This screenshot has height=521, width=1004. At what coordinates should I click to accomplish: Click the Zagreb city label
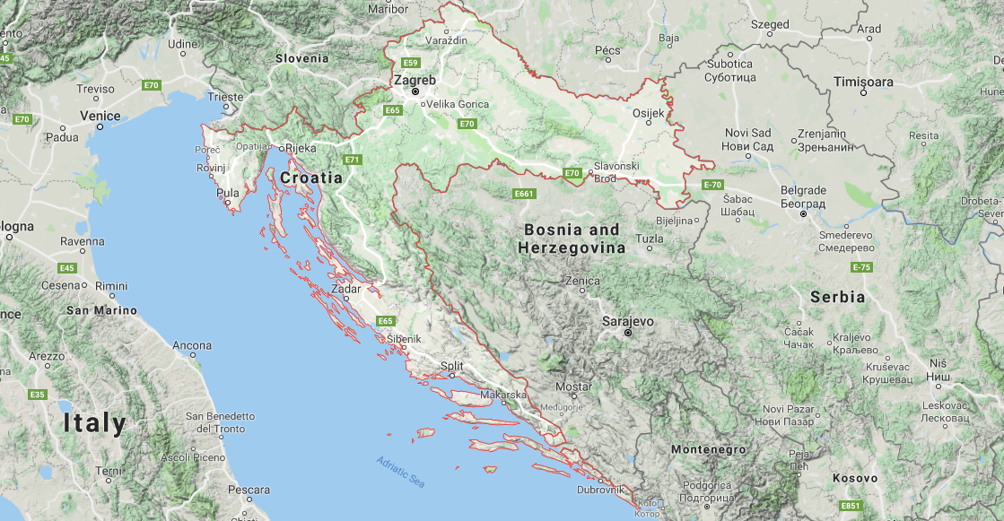(415, 80)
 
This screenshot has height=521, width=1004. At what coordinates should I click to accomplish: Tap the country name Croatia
(311, 178)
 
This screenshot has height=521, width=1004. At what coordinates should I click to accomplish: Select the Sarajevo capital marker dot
(628, 333)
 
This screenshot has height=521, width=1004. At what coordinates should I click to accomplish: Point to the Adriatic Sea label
(400, 472)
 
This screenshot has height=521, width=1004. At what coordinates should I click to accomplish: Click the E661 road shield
(524, 194)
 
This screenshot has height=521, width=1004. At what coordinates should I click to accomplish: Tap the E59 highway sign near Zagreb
(411, 63)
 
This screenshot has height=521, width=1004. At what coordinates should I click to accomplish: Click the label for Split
(452, 366)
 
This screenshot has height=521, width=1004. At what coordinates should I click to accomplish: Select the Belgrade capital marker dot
(804, 214)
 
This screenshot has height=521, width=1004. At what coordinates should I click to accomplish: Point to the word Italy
(94, 423)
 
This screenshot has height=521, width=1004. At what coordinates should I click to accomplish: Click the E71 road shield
(352, 160)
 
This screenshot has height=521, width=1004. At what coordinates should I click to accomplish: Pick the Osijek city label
(649, 113)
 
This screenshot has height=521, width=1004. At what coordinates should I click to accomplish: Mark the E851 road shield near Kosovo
(851, 507)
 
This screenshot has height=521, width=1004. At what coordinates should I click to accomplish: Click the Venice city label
(100, 116)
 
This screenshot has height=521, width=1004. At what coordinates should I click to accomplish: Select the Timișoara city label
(864, 82)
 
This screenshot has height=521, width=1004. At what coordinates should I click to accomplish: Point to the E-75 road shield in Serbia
(861, 267)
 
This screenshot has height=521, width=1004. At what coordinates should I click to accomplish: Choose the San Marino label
(102, 310)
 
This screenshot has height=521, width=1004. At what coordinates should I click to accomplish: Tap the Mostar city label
(574, 386)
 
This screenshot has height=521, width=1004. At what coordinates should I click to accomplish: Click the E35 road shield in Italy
(38, 395)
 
